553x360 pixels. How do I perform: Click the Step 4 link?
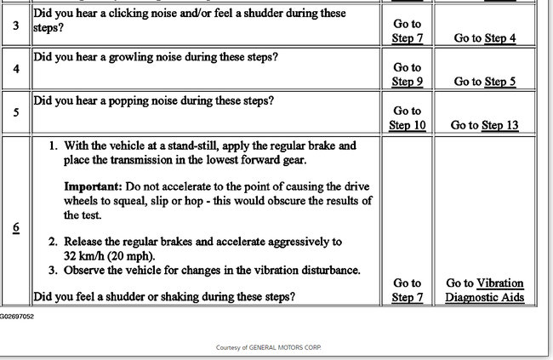[x=500, y=37]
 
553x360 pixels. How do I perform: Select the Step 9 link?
[x=408, y=82]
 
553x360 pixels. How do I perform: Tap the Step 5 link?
[x=500, y=82]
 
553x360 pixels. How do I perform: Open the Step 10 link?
[x=408, y=125]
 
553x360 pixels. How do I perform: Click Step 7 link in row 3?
[x=408, y=37]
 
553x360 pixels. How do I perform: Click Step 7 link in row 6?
[x=408, y=297]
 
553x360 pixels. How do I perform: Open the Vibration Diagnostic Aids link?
[x=485, y=290]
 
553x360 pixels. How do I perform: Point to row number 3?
[x=15, y=26]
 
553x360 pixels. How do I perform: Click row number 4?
[x=15, y=69]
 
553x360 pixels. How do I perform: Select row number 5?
[x=15, y=112]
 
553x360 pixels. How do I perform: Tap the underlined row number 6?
[x=15, y=229]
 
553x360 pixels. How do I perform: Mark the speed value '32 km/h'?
[x=84, y=255]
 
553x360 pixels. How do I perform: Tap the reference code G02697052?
[x=17, y=316]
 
